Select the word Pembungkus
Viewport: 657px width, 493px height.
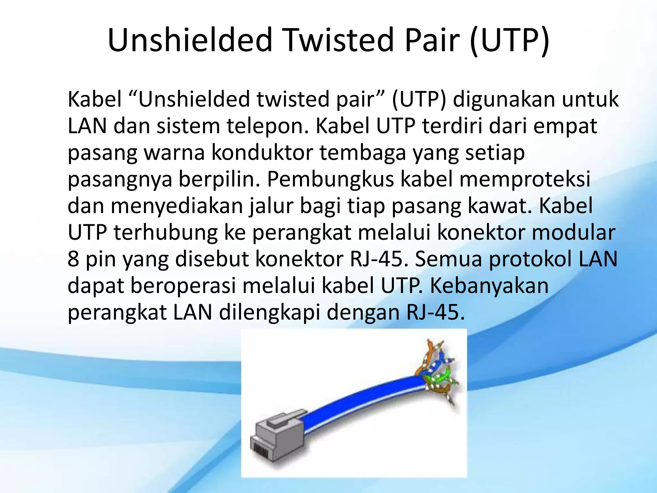point(330,179)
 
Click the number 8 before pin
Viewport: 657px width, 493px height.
point(73,259)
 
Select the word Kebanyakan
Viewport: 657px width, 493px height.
point(490,286)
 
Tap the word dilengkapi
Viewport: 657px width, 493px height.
point(269,313)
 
